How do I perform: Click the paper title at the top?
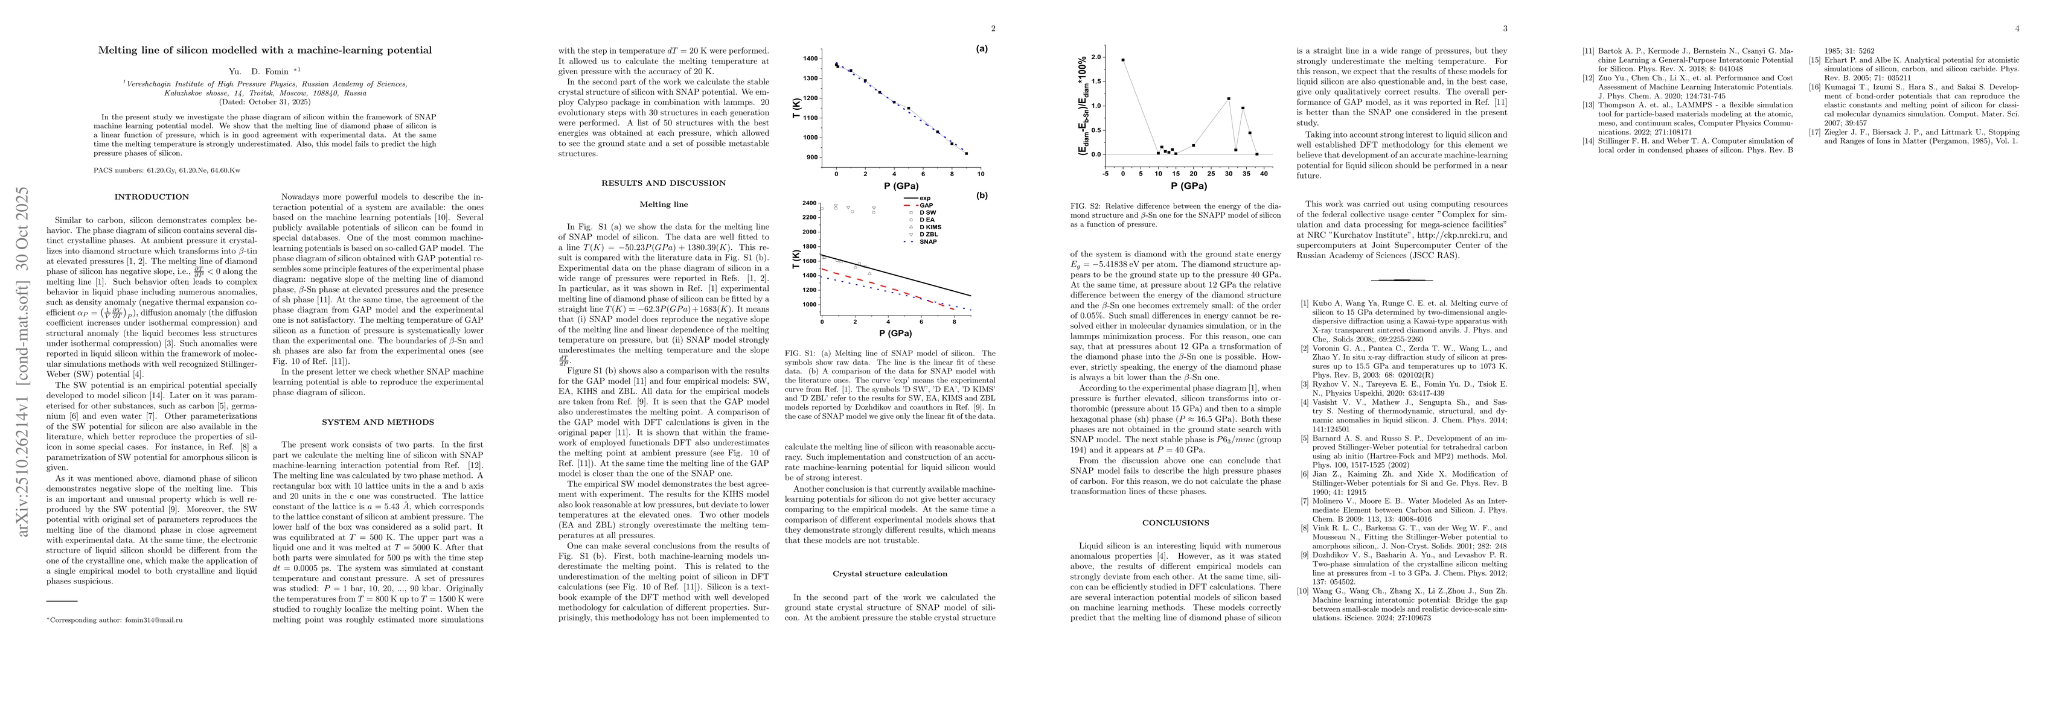click(264, 50)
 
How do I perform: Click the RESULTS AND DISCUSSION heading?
click(665, 183)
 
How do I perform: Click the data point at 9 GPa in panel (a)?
click(966, 153)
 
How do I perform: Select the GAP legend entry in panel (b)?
click(926, 205)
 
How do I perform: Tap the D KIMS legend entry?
click(931, 227)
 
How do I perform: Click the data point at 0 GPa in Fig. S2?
click(1122, 60)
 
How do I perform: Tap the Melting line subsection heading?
click(665, 205)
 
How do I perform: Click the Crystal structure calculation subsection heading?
click(889, 574)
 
